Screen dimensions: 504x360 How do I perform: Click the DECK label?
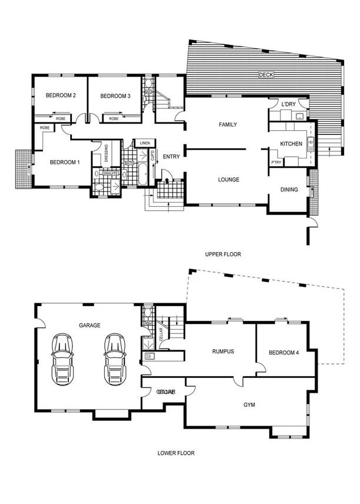coord(267,75)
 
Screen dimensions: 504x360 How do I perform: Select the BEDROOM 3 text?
coord(115,96)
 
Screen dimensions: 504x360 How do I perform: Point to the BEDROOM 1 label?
coord(64,163)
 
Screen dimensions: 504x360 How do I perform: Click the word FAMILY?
coord(228,125)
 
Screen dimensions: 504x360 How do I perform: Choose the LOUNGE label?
coord(228,180)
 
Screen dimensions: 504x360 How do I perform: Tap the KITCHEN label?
coord(291,144)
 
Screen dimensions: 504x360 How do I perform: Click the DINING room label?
coord(289,190)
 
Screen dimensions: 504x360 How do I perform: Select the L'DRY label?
coord(288,105)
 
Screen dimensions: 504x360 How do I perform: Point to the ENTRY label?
coord(171,157)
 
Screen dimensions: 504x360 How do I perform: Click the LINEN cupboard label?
coord(144,143)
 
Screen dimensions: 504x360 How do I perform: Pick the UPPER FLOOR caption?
coord(223,254)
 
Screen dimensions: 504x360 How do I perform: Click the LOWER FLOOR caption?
coord(176,453)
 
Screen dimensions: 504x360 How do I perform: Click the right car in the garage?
coord(114,359)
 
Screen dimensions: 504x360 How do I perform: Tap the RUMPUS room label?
coord(223,352)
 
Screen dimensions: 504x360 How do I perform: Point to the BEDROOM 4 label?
coord(284,353)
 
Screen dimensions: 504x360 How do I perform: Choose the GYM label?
coord(249,405)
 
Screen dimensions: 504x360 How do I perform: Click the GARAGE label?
coord(90,325)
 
